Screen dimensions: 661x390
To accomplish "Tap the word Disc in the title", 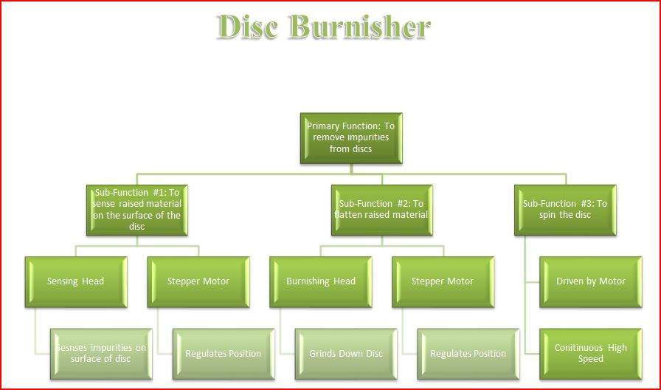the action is [x=248, y=27].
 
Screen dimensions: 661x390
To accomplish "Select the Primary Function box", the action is [x=351, y=138].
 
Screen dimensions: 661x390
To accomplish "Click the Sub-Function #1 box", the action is [x=137, y=210].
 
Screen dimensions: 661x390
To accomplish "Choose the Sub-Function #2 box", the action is [x=382, y=210].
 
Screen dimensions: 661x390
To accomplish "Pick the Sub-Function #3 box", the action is [x=565, y=210].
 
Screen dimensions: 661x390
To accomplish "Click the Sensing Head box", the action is [x=76, y=282].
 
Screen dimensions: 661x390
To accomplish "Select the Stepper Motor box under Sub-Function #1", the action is [x=198, y=282].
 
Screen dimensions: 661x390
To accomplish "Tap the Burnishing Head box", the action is [x=321, y=282].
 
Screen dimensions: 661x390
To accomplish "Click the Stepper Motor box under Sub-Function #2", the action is [x=443, y=282].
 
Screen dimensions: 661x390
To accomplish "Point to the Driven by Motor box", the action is [x=591, y=282].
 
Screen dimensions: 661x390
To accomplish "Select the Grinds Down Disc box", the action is [x=346, y=354].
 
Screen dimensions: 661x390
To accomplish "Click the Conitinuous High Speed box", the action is [x=591, y=354].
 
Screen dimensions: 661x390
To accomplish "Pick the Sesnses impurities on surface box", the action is [x=101, y=354].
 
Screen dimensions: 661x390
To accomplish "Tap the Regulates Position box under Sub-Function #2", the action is [x=468, y=354].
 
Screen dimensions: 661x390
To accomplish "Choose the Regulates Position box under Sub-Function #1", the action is [x=224, y=354].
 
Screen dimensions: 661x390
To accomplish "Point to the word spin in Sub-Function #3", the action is [x=547, y=215].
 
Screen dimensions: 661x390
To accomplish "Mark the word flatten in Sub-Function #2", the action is [x=349, y=215].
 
